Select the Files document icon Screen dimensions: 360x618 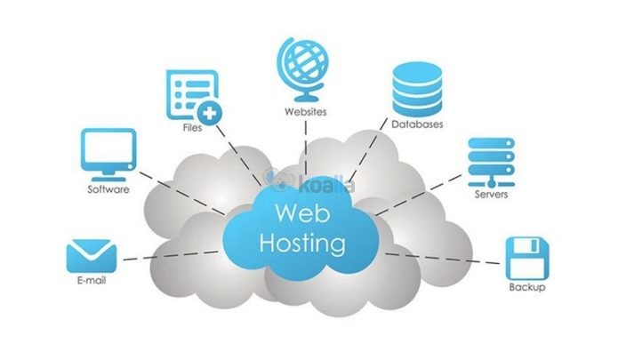(x=189, y=96)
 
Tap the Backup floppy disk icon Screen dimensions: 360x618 (x=526, y=257)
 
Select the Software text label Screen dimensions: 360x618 (x=108, y=189)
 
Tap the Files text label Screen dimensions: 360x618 (x=190, y=128)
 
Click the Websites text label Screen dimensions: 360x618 (x=305, y=113)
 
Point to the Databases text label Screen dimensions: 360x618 (x=417, y=124)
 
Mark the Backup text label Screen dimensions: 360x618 (x=526, y=288)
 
